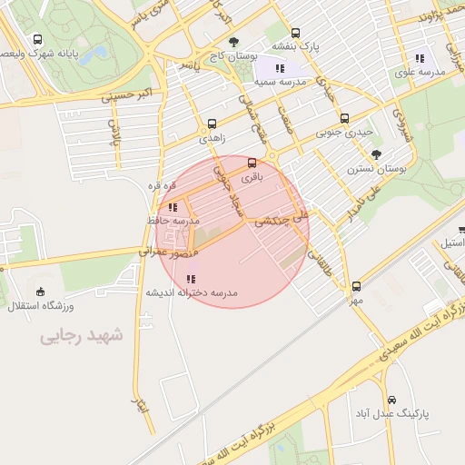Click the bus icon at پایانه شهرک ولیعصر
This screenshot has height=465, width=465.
point(37,40)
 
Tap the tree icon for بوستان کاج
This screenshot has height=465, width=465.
point(234,42)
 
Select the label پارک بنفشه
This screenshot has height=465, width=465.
point(298,45)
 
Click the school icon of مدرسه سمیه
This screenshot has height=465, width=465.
point(280,68)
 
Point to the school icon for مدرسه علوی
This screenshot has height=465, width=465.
point(420,57)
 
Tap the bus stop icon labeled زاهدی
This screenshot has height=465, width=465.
point(212,124)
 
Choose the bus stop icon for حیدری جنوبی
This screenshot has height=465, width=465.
point(344,118)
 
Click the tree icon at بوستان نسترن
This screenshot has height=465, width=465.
point(377,154)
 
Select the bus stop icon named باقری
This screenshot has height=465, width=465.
point(252,163)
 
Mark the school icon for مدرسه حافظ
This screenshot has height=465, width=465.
point(173,207)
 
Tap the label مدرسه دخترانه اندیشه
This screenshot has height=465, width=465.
point(190,293)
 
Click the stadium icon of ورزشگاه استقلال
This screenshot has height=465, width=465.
point(40,292)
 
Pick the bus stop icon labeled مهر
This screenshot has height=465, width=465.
point(356,286)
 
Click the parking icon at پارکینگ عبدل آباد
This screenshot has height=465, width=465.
point(391,400)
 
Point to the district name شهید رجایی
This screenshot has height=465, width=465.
point(80,337)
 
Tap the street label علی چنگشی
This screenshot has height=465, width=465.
point(282,219)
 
